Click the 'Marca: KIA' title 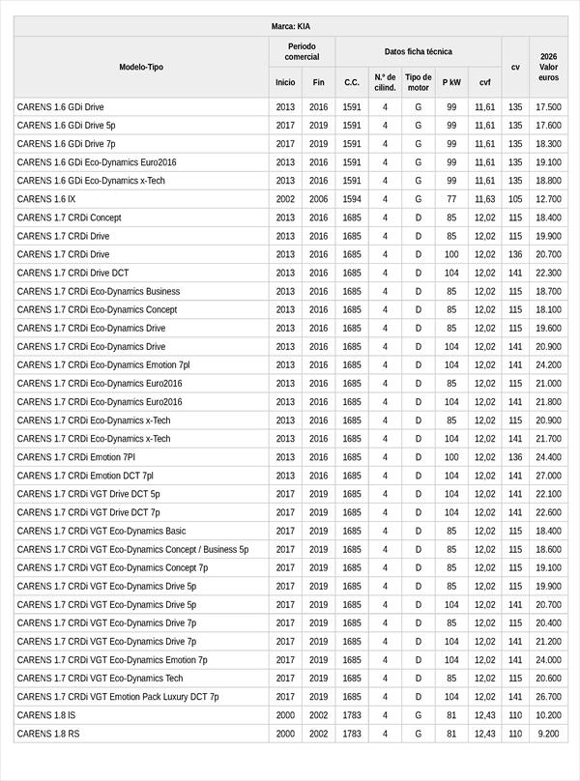click(291, 26)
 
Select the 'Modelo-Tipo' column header click(141, 67)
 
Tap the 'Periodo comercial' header click(302, 51)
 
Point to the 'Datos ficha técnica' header click(418, 51)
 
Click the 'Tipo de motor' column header click(418, 82)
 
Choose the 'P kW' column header click(451, 83)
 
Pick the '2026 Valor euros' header click(548, 67)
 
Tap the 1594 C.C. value click(352, 199)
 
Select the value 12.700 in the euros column click(548, 199)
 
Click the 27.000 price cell click(548, 476)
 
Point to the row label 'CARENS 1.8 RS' click(48, 734)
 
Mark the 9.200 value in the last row click(548, 734)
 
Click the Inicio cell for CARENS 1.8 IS click(285, 715)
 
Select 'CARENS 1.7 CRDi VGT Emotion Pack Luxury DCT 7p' click(118, 697)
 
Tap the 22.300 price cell click(548, 273)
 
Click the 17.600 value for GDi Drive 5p click(548, 126)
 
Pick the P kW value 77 click(451, 199)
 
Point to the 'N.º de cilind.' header click(385, 82)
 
